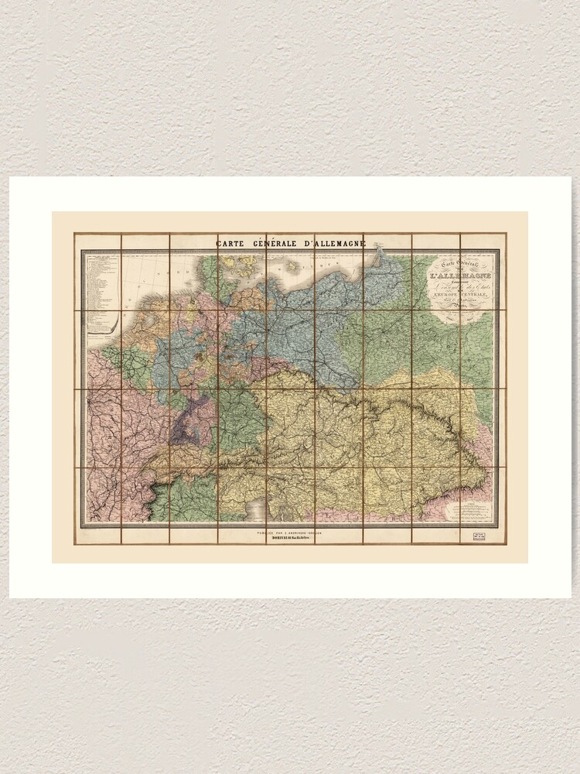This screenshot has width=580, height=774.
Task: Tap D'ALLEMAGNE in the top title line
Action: click(334, 244)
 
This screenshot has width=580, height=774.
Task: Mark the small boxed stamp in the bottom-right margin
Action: click(471, 534)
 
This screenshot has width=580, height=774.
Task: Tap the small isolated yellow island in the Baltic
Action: click(292, 265)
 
